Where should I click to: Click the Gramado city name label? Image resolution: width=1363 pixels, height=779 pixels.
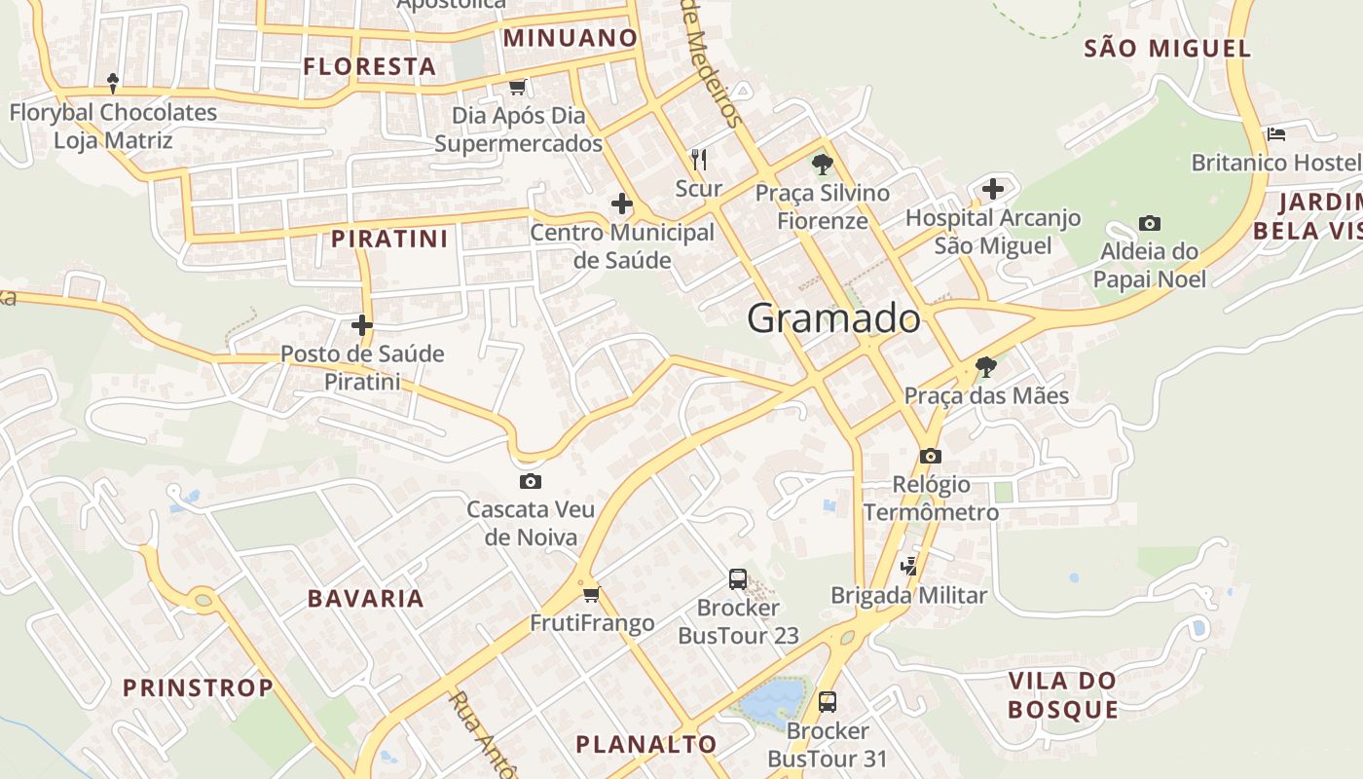[833, 318]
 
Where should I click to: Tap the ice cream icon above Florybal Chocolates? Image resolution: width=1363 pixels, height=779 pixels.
[113, 84]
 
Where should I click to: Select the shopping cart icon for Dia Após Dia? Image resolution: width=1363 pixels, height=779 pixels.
[518, 88]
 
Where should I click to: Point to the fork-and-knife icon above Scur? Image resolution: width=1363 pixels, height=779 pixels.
[698, 159]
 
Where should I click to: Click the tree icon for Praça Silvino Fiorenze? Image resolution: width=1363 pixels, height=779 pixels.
[823, 164]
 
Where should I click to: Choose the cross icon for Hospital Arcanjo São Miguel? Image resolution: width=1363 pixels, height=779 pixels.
[993, 189]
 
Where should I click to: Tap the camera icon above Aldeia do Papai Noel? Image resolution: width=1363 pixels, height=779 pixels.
[1149, 224]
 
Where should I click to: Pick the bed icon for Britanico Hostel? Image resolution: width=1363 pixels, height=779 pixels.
[1276, 133]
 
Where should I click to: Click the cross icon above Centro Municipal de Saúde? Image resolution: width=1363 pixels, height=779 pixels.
[622, 204]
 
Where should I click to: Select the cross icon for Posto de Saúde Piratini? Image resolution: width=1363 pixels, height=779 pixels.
[362, 325]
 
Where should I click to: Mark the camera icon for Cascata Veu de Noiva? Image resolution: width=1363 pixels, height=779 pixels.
[531, 481]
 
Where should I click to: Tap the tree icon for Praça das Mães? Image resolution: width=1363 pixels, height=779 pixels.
[986, 367]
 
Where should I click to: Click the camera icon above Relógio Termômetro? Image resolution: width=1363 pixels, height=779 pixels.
[931, 456]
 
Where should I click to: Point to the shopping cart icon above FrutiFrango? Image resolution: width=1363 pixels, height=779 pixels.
[591, 594]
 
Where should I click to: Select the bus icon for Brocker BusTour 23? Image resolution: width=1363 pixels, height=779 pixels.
[738, 579]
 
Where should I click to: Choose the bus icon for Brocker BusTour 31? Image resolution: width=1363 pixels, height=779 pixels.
[828, 701]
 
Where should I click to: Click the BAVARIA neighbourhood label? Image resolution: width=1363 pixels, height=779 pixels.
[366, 599]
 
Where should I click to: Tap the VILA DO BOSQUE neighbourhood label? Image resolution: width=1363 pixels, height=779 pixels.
[1062, 694]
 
